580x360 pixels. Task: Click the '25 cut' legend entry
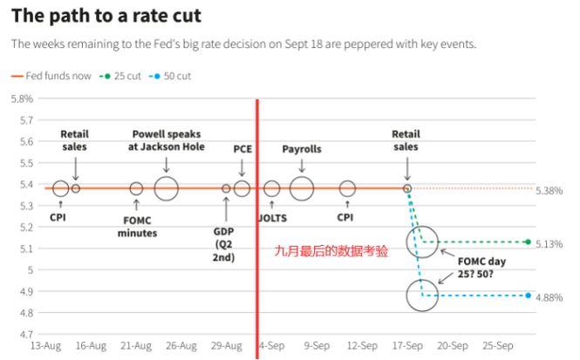point(129,76)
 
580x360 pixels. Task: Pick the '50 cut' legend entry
point(178,76)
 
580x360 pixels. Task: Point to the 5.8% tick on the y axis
point(21,98)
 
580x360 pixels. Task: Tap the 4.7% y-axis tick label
point(21,334)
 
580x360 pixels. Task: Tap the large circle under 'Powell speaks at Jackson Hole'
point(167,187)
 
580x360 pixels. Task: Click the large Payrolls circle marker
point(302,187)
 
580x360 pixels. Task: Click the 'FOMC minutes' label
point(136,227)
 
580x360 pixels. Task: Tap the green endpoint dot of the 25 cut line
point(529,241)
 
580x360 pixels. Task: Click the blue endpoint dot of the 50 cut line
point(529,295)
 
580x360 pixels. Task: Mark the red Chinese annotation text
point(331,250)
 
